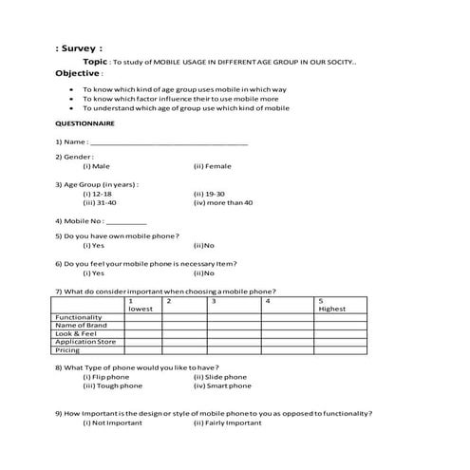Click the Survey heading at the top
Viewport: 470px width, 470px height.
80,47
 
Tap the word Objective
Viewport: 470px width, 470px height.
77,72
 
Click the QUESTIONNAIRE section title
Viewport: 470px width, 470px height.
85,123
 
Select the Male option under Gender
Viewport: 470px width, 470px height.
96,166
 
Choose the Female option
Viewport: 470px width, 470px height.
212,166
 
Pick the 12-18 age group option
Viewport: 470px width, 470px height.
98,193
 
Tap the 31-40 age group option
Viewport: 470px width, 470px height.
100,202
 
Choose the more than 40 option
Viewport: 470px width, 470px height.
223,202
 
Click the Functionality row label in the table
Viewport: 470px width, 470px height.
79,317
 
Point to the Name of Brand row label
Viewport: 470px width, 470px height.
82,326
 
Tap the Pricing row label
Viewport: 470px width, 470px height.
67,350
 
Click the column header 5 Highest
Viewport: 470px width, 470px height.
332,305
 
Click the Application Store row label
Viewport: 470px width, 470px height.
85,342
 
